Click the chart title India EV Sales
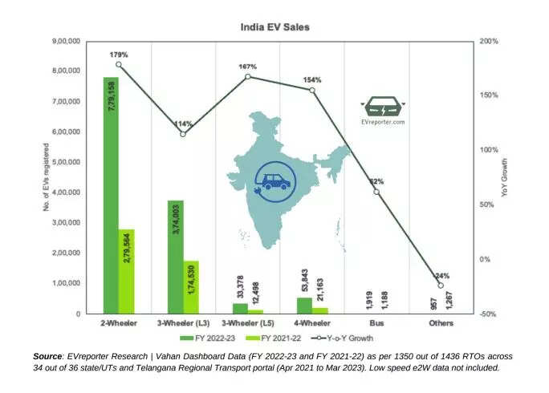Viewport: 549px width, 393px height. (274, 27)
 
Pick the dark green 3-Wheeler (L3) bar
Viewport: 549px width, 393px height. (175, 257)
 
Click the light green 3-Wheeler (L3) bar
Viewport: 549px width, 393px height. (191, 287)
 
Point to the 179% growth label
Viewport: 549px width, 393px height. (119, 55)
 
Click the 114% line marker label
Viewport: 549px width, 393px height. (183, 124)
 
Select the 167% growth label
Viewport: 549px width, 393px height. (247, 67)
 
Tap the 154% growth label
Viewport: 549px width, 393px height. (312, 80)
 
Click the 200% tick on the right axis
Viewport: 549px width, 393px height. (489, 41)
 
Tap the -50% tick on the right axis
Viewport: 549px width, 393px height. (489, 314)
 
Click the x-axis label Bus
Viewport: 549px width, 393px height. (376, 323)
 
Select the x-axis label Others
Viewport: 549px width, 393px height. (441, 323)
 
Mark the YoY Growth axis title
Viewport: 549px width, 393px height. (505, 177)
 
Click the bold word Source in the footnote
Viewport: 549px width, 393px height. (47, 355)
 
